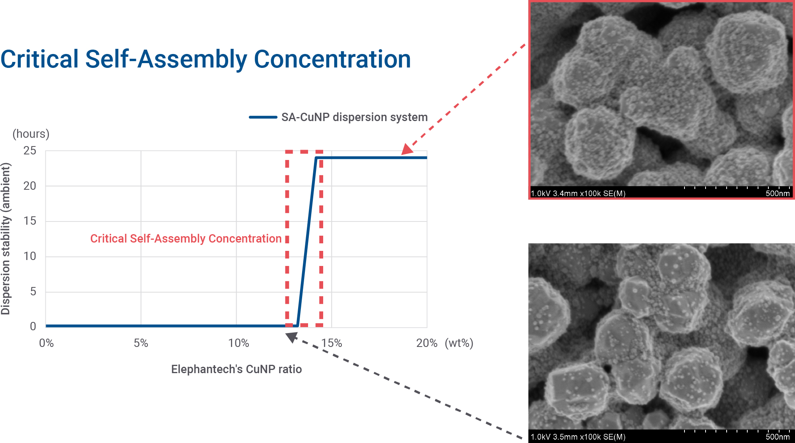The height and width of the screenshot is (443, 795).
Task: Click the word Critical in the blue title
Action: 40,59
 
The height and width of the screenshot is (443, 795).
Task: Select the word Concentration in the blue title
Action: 332,59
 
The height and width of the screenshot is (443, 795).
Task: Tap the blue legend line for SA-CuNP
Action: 263,117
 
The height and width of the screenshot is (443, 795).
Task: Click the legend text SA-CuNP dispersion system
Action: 355,117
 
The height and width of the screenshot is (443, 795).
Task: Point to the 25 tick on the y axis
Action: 30,151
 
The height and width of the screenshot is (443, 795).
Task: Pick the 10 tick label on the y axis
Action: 30,256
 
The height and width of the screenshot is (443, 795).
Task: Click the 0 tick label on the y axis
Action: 33,326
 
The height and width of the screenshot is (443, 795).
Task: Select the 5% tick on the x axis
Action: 141,343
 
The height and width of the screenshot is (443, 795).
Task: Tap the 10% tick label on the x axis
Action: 238,343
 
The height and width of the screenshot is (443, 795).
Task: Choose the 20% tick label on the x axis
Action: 427,343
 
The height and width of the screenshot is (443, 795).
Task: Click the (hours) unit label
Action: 31,134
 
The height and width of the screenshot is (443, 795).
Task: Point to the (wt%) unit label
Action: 459,343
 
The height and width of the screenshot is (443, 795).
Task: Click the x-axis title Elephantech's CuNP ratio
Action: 237,369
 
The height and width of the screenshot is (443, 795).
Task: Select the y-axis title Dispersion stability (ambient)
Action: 6,239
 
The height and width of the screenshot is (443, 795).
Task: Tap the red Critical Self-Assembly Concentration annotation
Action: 186,239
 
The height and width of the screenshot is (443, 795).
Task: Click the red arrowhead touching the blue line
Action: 407,149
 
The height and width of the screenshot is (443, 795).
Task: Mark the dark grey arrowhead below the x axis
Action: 292,337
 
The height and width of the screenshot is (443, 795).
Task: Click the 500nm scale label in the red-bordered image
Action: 778,193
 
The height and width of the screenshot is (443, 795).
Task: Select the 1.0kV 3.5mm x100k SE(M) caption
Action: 578,437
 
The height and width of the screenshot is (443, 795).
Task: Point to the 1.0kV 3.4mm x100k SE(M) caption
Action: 578,193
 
